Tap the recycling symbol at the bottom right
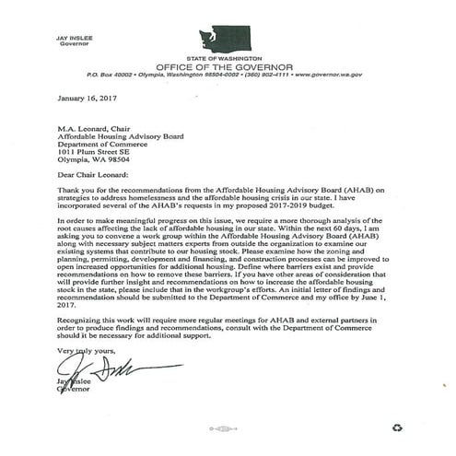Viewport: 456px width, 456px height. pyautogui.click(x=399, y=427)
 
